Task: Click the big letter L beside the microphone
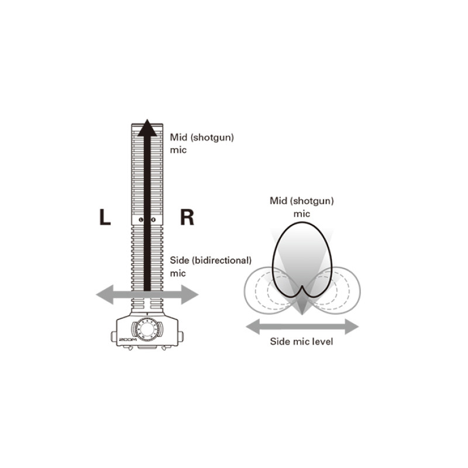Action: [105, 217]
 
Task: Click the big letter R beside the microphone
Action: [187, 217]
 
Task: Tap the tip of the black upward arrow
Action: [147, 119]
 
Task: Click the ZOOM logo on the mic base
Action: [128, 340]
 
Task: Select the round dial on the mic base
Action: [147, 329]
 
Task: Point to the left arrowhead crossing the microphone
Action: [105, 295]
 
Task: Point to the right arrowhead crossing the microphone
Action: [190, 295]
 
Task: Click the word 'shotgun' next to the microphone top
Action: [212, 137]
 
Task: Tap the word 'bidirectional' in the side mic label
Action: [222, 260]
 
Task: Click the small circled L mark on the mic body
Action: [141, 220]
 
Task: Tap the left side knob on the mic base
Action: [113, 336]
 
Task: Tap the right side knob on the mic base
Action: [181, 336]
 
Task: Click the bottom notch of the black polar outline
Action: [302, 287]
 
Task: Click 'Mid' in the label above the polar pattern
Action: [278, 201]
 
